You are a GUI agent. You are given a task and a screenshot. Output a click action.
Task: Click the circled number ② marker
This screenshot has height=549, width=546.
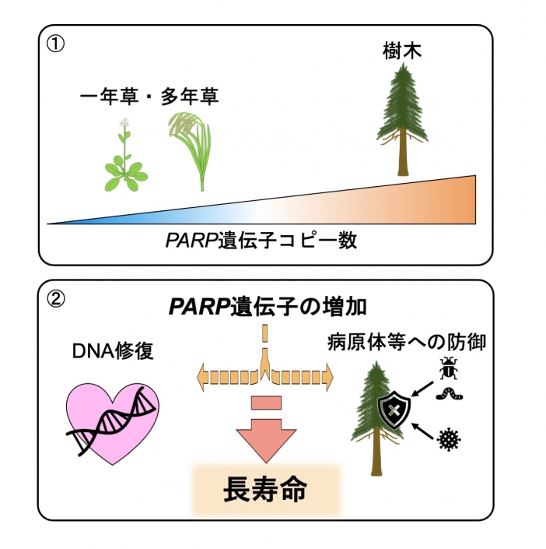(x=55, y=298)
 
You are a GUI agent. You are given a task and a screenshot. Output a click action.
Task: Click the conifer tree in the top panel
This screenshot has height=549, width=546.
(x=402, y=121)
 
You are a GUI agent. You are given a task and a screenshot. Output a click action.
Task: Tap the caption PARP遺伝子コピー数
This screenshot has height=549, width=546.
(x=261, y=241)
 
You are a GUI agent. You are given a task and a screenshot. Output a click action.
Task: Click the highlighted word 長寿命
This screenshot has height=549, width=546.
(x=265, y=490)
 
